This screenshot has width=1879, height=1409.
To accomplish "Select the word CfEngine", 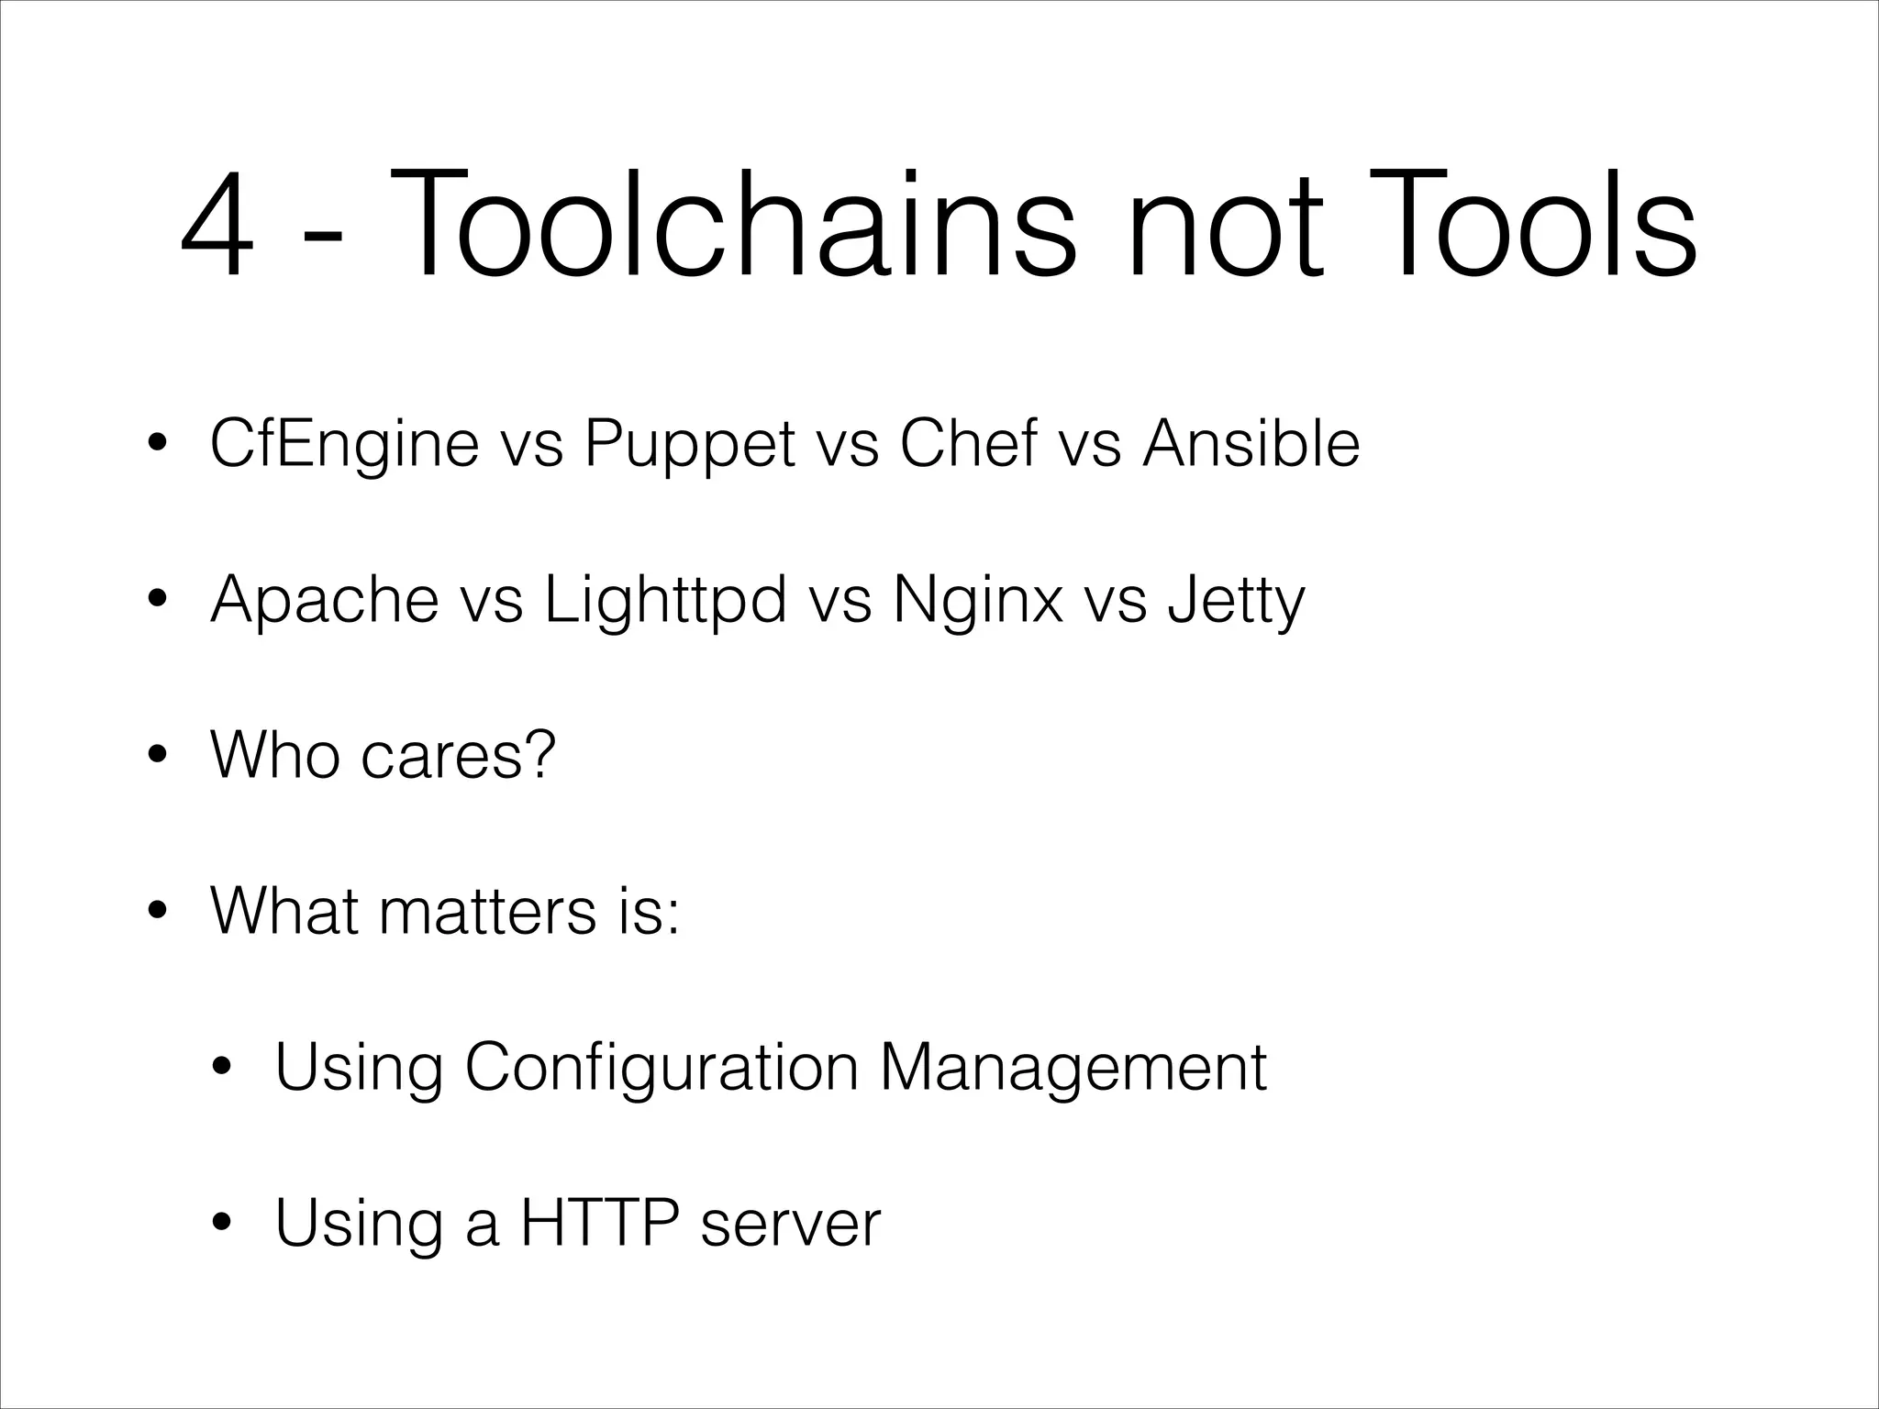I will click(344, 444).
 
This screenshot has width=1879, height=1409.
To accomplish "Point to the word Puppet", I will click(689, 446).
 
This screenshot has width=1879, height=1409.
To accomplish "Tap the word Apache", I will click(324, 602).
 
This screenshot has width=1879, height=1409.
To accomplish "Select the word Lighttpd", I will click(665, 602).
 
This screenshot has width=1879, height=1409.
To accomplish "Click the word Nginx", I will click(977, 602).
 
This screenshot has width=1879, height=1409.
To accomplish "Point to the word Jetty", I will click(1236, 602).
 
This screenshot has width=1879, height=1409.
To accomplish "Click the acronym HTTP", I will click(601, 1223).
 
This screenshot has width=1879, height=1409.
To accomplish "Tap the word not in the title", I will click(1225, 225).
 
